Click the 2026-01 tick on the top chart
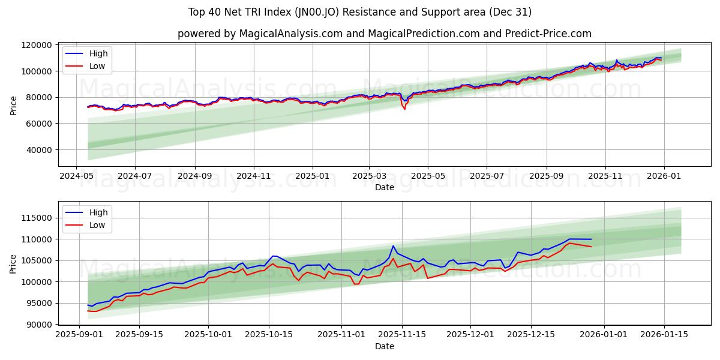pos(664,176)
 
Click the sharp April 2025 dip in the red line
pos(404,109)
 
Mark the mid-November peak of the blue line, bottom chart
pos(393,246)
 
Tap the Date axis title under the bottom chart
pos(385,346)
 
